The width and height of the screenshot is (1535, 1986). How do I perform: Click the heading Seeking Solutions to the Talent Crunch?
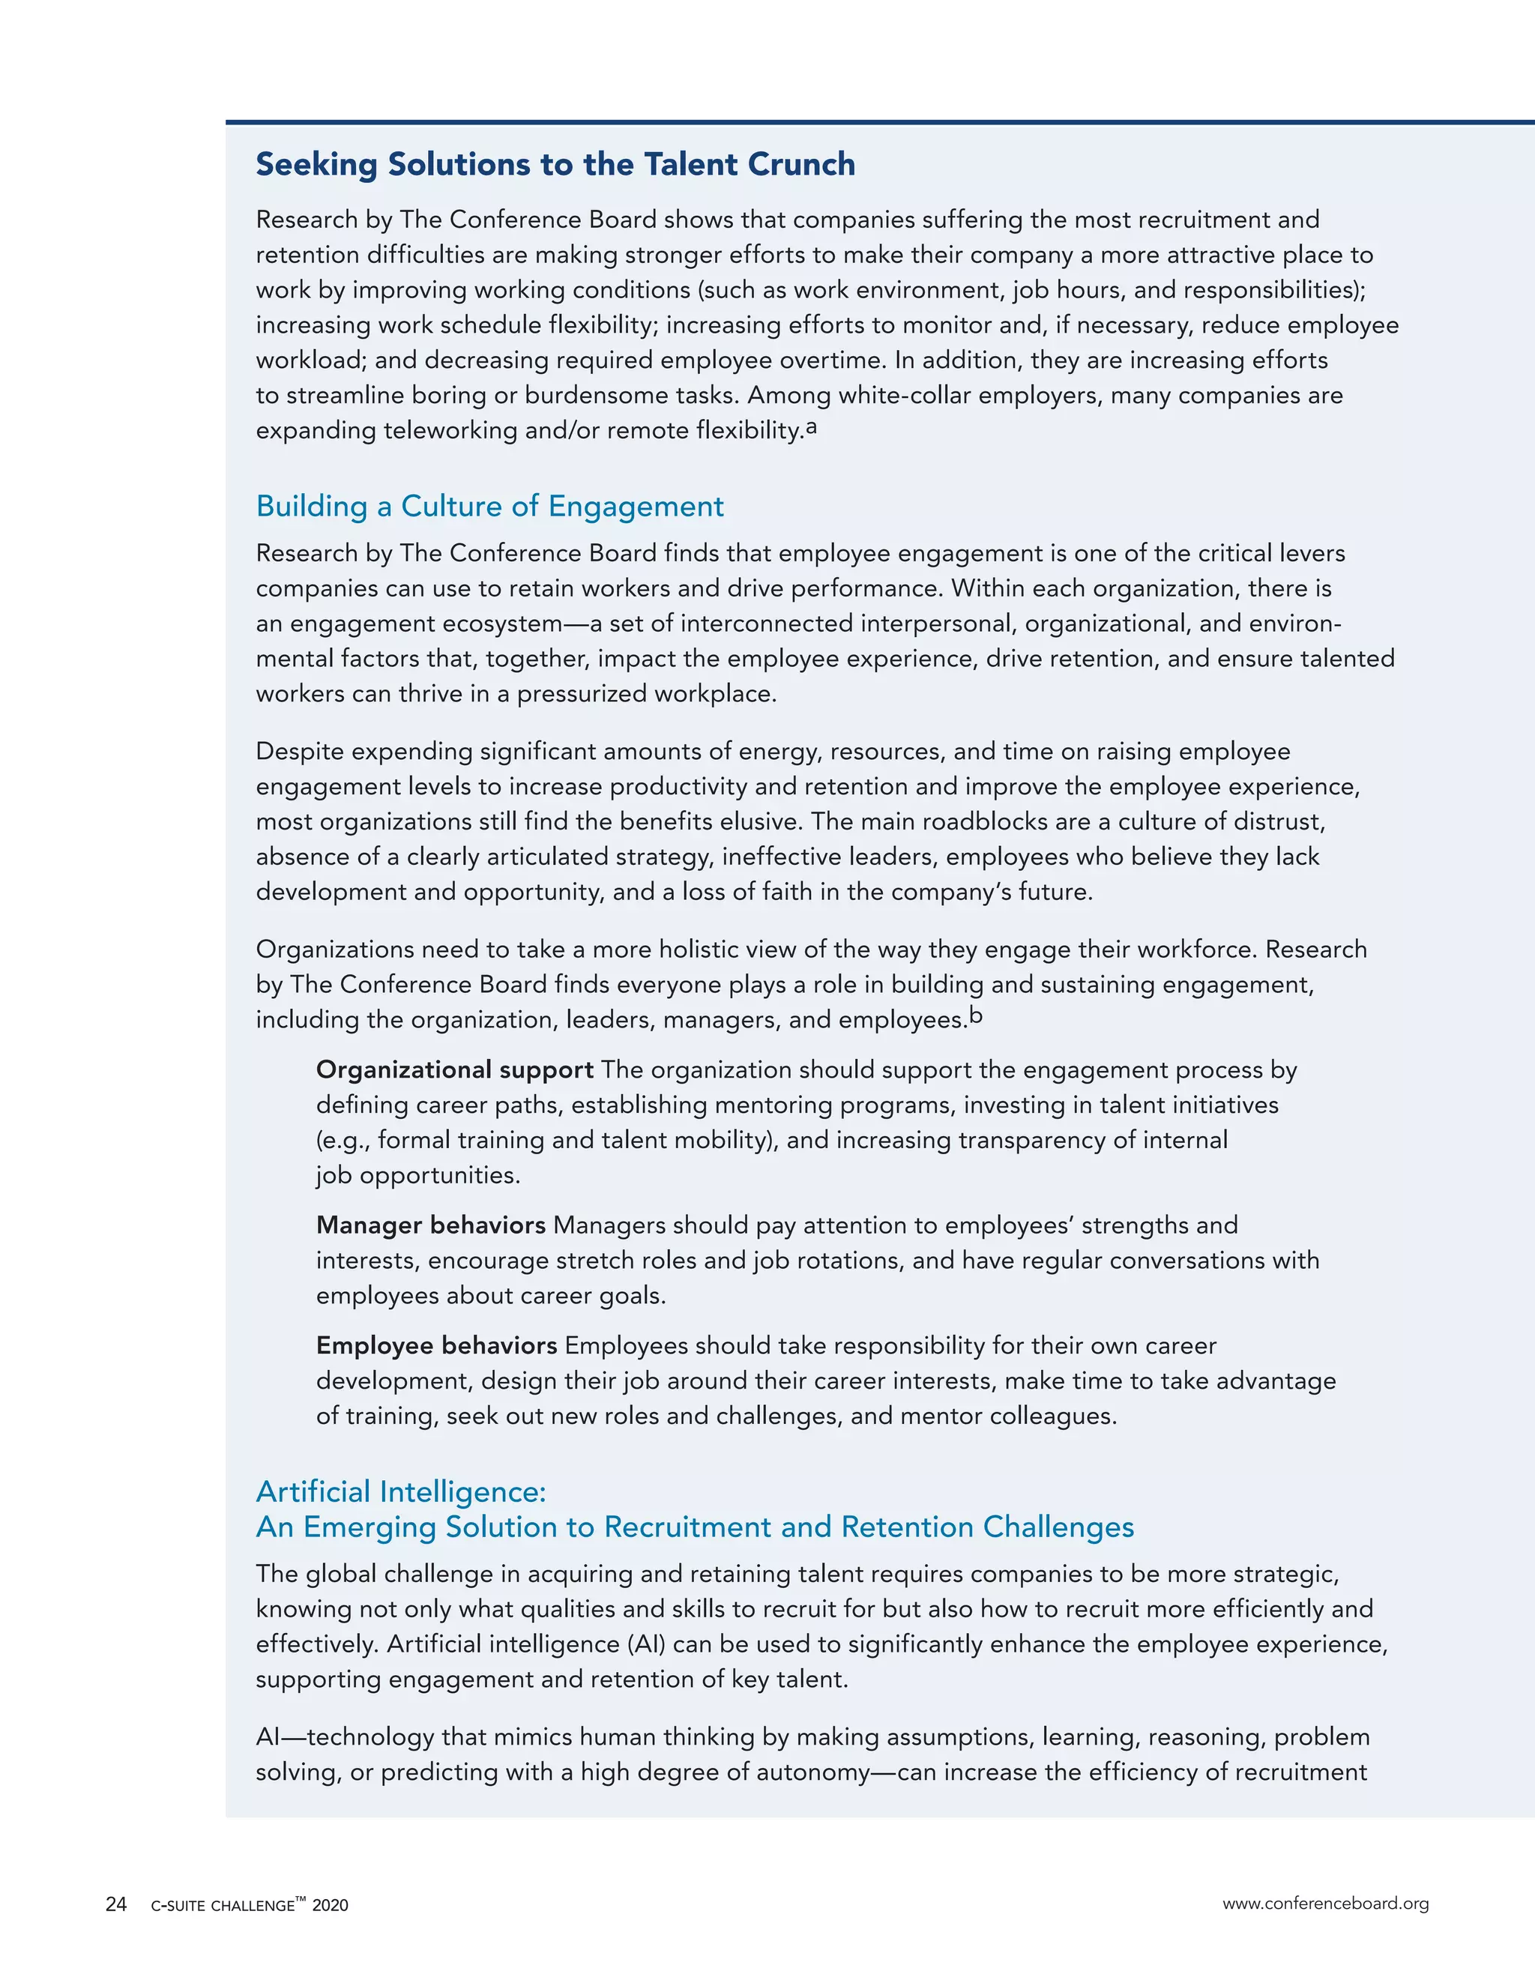tap(555, 165)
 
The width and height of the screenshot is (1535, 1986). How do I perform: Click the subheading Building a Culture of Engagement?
tap(489, 506)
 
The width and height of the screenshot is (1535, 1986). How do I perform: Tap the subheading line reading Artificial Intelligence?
tap(401, 1491)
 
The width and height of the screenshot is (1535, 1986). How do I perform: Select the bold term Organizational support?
tap(455, 1069)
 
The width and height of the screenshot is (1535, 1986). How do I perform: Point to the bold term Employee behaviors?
tap(436, 1345)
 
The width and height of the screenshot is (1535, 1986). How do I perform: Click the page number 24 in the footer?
tap(116, 1904)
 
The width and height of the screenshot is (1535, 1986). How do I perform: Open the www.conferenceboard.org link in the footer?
tap(1325, 1904)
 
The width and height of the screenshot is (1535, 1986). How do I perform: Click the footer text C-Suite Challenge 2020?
tap(249, 1905)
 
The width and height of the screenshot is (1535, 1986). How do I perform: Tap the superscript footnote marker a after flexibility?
tap(811, 426)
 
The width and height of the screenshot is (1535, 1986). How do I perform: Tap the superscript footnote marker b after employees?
tap(976, 1015)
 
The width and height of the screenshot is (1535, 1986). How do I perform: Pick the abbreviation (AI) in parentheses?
tap(645, 1644)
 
